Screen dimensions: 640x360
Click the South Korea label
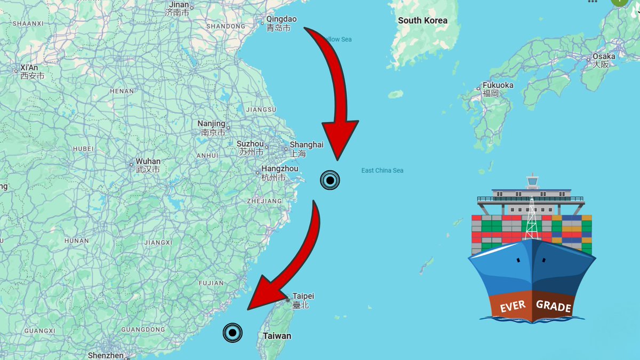coord(422,21)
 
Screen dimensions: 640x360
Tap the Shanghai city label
coord(306,145)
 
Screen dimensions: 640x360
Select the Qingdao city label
coord(282,20)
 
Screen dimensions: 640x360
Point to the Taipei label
coord(303,296)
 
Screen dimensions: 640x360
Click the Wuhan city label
coord(148,161)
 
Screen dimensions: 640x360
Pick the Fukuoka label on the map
coord(498,85)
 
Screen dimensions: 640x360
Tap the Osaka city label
coord(604,57)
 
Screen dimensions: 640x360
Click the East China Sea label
coord(382,171)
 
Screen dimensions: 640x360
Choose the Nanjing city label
coord(211,124)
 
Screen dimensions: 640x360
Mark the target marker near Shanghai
coord(330,180)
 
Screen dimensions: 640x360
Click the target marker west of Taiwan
coord(233,333)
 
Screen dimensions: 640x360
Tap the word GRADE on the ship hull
coord(554,306)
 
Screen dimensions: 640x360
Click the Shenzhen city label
coord(106,355)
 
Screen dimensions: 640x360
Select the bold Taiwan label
coord(277,336)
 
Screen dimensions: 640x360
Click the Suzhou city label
coord(250,144)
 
